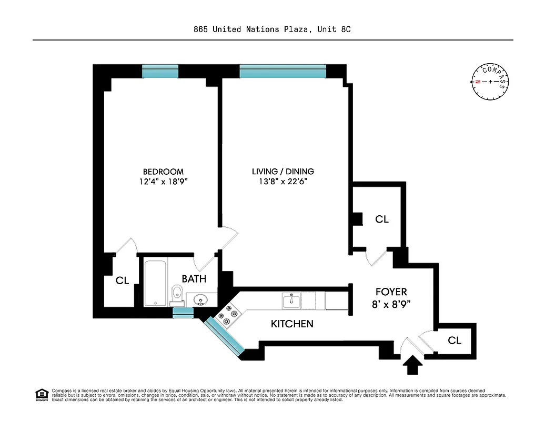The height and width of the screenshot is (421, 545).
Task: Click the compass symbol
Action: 490,82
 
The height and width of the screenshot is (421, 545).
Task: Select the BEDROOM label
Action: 163,172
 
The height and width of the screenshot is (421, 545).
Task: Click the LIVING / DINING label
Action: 282,172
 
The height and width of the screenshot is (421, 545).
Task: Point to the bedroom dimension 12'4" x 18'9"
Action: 163,182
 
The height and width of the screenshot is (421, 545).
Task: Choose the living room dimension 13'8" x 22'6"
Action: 282,182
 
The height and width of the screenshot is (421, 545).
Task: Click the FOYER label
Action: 391,292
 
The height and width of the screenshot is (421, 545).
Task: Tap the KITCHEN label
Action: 292,324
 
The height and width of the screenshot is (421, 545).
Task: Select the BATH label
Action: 194,279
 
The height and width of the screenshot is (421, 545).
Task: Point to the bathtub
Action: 156,282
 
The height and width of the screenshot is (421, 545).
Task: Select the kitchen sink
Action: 290,300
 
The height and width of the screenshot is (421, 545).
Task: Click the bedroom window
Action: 160,72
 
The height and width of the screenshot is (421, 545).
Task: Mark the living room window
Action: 282,72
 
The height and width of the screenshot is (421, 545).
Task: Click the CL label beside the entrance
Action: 455,340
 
